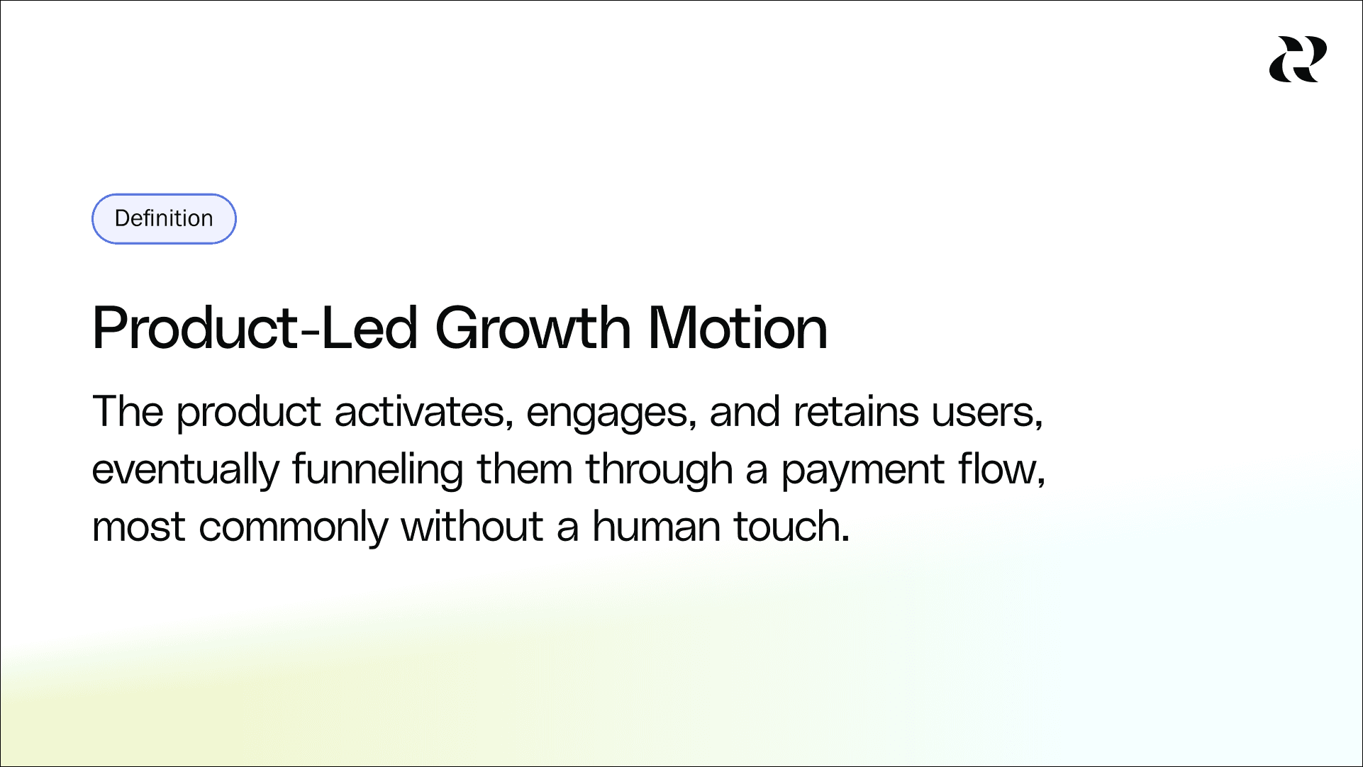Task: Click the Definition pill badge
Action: pos(164,218)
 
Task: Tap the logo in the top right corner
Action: pos(1298,60)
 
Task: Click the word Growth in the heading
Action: pos(533,328)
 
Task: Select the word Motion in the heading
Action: pos(738,328)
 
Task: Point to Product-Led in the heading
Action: pos(255,328)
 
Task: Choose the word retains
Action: pos(855,412)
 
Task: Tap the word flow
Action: pos(1001,469)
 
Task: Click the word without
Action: pos(472,527)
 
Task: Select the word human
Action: pos(656,527)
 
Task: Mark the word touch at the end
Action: pos(791,527)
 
